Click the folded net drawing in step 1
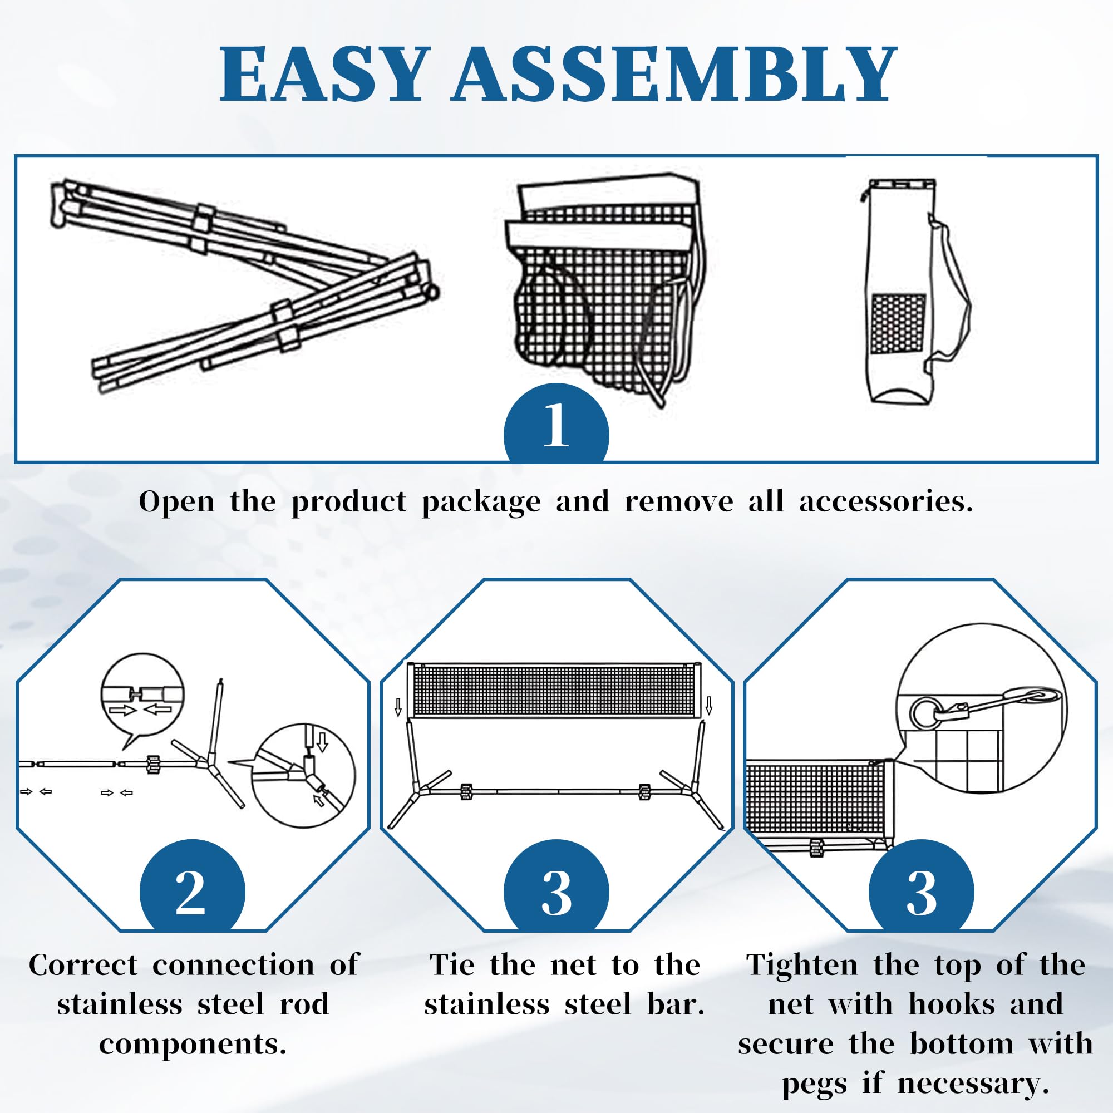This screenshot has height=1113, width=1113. pos(605,288)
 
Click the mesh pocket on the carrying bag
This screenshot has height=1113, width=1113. pos(898,324)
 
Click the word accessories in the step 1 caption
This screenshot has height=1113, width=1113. pos(885,502)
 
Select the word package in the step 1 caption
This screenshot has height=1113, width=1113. pos(481,503)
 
